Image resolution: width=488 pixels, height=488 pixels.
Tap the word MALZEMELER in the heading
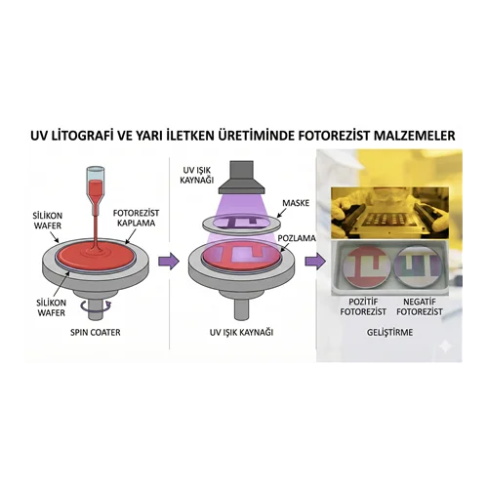pyautogui.click(x=414, y=136)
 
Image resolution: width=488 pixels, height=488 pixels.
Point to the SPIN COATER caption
pyautogui.click(x=96, y=332)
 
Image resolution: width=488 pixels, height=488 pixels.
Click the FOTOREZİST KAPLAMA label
pyautogui.click(x=136, y=218)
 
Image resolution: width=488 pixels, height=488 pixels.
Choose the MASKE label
pyautogui.click(x=296, y=203)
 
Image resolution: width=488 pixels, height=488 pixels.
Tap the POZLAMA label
pyautogui.click(x=297, y=238)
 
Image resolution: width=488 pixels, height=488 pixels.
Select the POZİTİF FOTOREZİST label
pyautogui.click(x=363, y=306)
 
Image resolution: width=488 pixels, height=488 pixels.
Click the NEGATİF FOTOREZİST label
pyautogui.click(x=420, y=306)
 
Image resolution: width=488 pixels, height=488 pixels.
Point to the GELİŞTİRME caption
pyautogui.click(x=389, y=332)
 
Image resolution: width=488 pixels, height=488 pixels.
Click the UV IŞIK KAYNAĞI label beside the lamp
pyautogui.click(x=197, y=175)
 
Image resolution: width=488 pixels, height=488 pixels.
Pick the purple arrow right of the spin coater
pyautogui.click(x=169, y=261)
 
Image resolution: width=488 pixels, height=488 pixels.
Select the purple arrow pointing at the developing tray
pyautogui.click(x=315, y=261)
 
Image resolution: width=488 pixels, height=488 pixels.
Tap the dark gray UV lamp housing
pyautogui.click(x=241, y=177)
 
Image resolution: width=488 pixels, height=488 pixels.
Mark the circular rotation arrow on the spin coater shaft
pyautogui.click(x=96, y=305)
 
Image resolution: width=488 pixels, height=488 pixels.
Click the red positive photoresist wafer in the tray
pyautogui.click(x=366, y=267)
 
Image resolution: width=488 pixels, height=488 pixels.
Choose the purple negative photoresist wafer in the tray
pyautogui.click(x=419, y=266)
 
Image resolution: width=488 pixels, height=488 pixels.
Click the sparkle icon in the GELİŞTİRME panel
pyautogui.click(x=445, y=347)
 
